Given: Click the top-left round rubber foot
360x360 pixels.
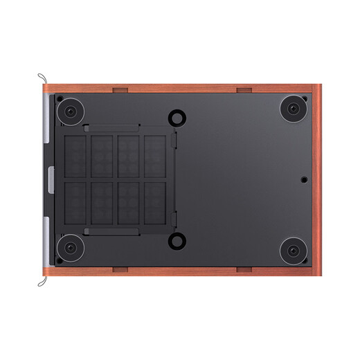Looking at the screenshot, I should coord(71,111).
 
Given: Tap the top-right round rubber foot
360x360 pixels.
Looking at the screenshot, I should coord(293,109).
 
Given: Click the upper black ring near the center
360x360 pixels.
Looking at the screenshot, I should coord(177,118).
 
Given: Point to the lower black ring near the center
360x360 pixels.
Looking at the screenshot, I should coord(177,241).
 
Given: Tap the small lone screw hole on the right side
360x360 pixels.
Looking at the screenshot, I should coord(305,179).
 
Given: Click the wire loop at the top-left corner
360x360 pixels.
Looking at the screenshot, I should coord(42,79).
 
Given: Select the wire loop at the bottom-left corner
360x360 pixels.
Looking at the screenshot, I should coord(42,281).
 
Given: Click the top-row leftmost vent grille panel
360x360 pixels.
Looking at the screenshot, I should coord(75,155).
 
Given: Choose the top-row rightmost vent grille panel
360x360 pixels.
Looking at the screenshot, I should coord(154,155).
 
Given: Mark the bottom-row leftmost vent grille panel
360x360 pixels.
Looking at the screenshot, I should coord(75,202).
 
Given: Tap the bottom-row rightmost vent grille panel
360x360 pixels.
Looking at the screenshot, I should coord(154,202).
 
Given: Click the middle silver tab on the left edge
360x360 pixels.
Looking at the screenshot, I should coord(51,179).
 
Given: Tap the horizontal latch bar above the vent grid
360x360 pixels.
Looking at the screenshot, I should coord(112,127).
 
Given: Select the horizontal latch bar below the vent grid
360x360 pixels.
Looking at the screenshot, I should coord(112,231).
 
